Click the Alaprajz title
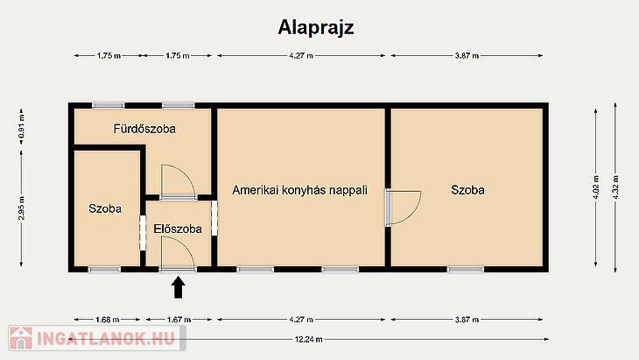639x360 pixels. coord(316,28)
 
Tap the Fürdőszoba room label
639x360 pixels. coord(144,129)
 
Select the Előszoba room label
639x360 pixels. coord(178,229)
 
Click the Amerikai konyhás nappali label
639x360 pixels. coord(300,190)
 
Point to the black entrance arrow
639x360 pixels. coord(178,287)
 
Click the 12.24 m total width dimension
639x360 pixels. coord(308,339)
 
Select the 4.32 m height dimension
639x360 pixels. coord(615,187)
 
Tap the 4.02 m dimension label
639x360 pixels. coord(596,187)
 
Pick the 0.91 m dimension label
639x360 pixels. coord(21,126)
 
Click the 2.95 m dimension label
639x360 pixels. coord(21,208)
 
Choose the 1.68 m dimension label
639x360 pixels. coord(108,320)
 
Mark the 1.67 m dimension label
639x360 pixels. coord(179,320)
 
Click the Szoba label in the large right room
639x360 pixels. coord(467,190)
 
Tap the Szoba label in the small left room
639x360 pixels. coord(105,208)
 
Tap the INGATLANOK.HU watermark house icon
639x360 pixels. coord(21,338)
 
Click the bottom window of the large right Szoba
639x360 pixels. coord(466,269)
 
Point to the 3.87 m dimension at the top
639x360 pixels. coord(467,55)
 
